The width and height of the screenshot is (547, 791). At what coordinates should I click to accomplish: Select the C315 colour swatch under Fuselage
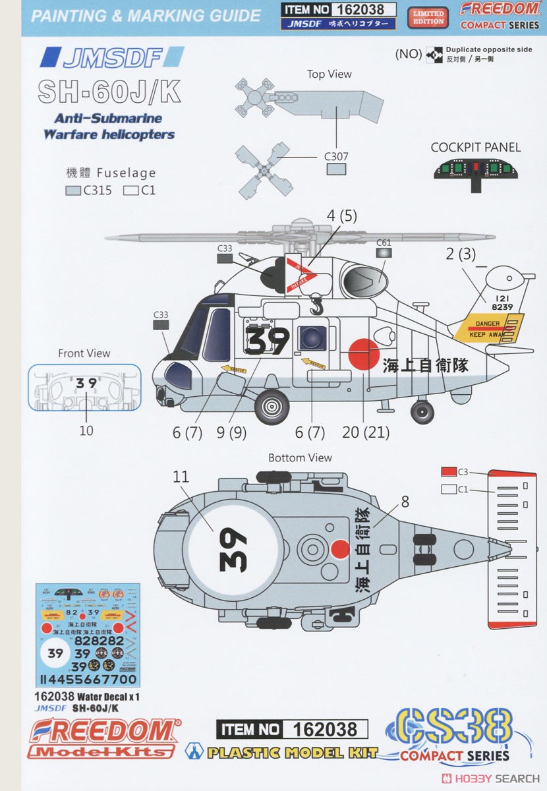[74, 191]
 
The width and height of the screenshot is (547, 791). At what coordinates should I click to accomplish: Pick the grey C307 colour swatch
[336, 169]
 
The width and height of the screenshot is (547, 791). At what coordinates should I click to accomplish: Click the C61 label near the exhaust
[384, 243]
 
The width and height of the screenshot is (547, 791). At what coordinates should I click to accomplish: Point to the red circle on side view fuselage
[363, 353]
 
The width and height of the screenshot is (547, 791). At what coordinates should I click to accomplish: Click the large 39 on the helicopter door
[269, 341]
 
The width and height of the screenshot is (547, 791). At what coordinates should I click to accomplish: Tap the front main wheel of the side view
[272, 407]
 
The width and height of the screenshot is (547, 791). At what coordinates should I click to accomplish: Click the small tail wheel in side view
[422, 413]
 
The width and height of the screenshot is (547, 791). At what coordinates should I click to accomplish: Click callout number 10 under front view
[86, 430]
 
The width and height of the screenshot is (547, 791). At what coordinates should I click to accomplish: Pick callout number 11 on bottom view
[180, 477]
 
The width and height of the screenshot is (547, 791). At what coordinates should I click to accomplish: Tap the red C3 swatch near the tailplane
[449, 472]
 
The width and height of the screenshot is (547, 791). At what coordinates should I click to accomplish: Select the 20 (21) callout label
[366, 432]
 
